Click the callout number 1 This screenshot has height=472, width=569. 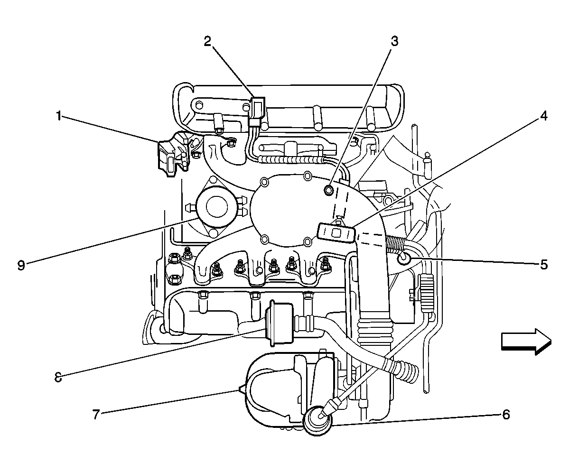pyautogui.click(x=59, y=116)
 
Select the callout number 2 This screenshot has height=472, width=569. pyautogui.click(x=207, y=41)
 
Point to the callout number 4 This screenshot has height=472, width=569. pyautogui.click(x=544, y=116)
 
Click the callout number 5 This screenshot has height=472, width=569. pyautogui.click(x=544, y=264)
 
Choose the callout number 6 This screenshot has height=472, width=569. pyautogui.click(x=506, y=415)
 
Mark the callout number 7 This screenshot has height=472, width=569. pyautogui.click(x=96, y=415)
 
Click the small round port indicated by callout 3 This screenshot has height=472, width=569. pyautogui.click(x=328, y=191)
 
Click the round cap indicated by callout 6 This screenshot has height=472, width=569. pyautogui.click(x=317, y=419)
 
